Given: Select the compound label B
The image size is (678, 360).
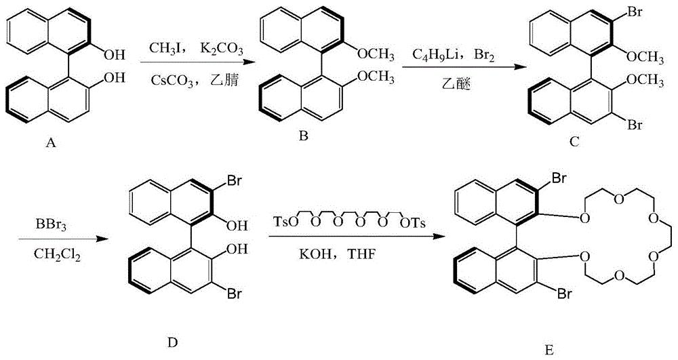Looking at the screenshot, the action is tap(303, 136).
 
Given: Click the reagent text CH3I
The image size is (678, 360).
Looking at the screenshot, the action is tap(163, 49).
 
